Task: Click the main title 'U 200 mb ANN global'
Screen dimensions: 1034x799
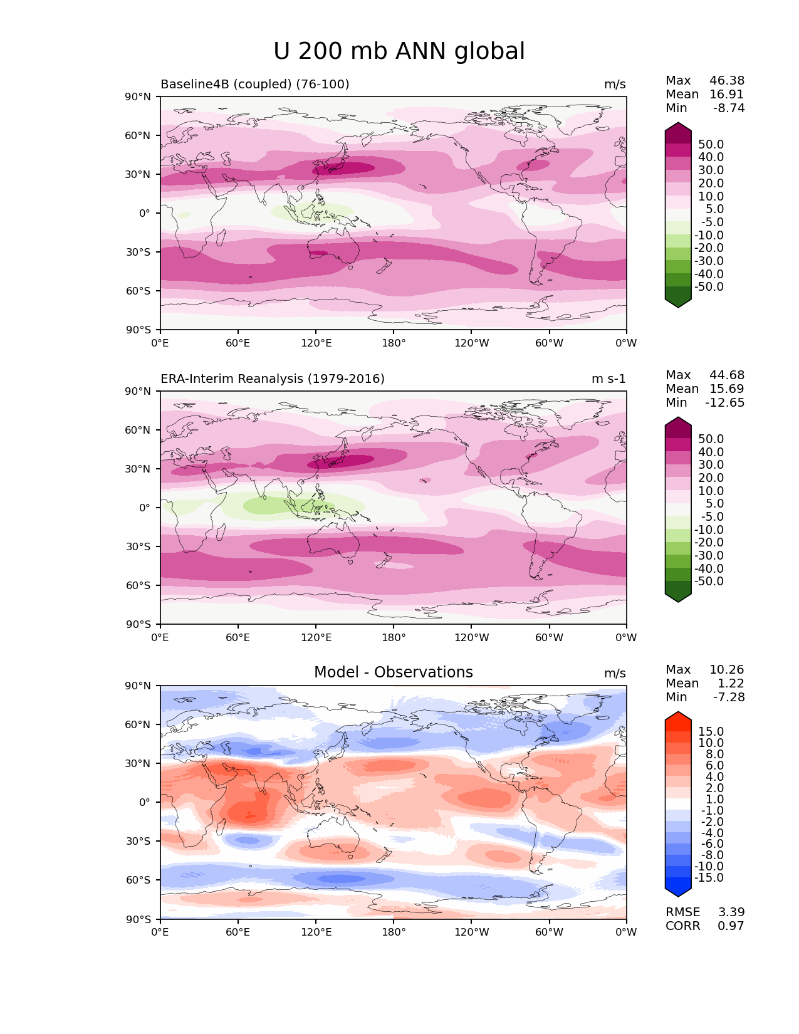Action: (399, 51)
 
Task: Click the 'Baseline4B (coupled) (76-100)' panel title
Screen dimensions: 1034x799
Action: (254, 85)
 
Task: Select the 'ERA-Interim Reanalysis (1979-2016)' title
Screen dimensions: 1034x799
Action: (273, 379)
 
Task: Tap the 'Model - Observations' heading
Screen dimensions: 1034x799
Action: (393, 672)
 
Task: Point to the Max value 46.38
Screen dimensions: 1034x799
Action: (727, 81)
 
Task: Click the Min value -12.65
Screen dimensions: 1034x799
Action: (724, 403)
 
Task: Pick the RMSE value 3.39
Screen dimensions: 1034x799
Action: (731, 912)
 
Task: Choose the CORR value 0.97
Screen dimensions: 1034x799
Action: (731, 926)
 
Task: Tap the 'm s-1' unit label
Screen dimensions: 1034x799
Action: (608, 379)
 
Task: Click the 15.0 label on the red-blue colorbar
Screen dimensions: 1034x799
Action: (711, 732)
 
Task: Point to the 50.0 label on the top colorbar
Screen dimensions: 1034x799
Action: (711, 145)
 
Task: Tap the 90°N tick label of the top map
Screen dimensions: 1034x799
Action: (138, 97)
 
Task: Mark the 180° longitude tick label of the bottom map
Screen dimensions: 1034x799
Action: (394, 932)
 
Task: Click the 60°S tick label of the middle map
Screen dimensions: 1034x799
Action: (138, 586)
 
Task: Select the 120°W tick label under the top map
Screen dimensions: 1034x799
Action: (472, 343)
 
